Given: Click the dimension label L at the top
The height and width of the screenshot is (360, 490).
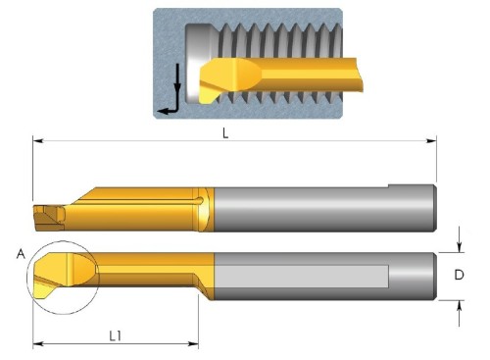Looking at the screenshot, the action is (x=225, y=133).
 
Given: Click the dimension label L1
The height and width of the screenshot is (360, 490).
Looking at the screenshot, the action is (x=116, y=335).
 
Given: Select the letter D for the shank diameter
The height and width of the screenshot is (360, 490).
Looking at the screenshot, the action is (x=459, y=275).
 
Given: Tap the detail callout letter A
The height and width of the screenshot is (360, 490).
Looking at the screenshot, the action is (x=21, y=254).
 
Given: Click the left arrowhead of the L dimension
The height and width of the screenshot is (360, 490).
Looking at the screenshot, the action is (x=38, y=141).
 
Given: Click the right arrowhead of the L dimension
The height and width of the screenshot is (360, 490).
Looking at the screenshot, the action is (x=431, y=141).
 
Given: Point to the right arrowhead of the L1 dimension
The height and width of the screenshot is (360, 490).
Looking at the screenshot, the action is (x=193, y=343).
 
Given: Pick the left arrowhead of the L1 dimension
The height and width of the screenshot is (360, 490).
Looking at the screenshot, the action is (x=38, y=343).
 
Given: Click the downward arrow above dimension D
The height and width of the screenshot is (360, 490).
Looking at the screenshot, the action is (x=460, y=239).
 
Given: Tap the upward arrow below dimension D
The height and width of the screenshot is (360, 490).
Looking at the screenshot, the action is (x=460, y=313).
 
